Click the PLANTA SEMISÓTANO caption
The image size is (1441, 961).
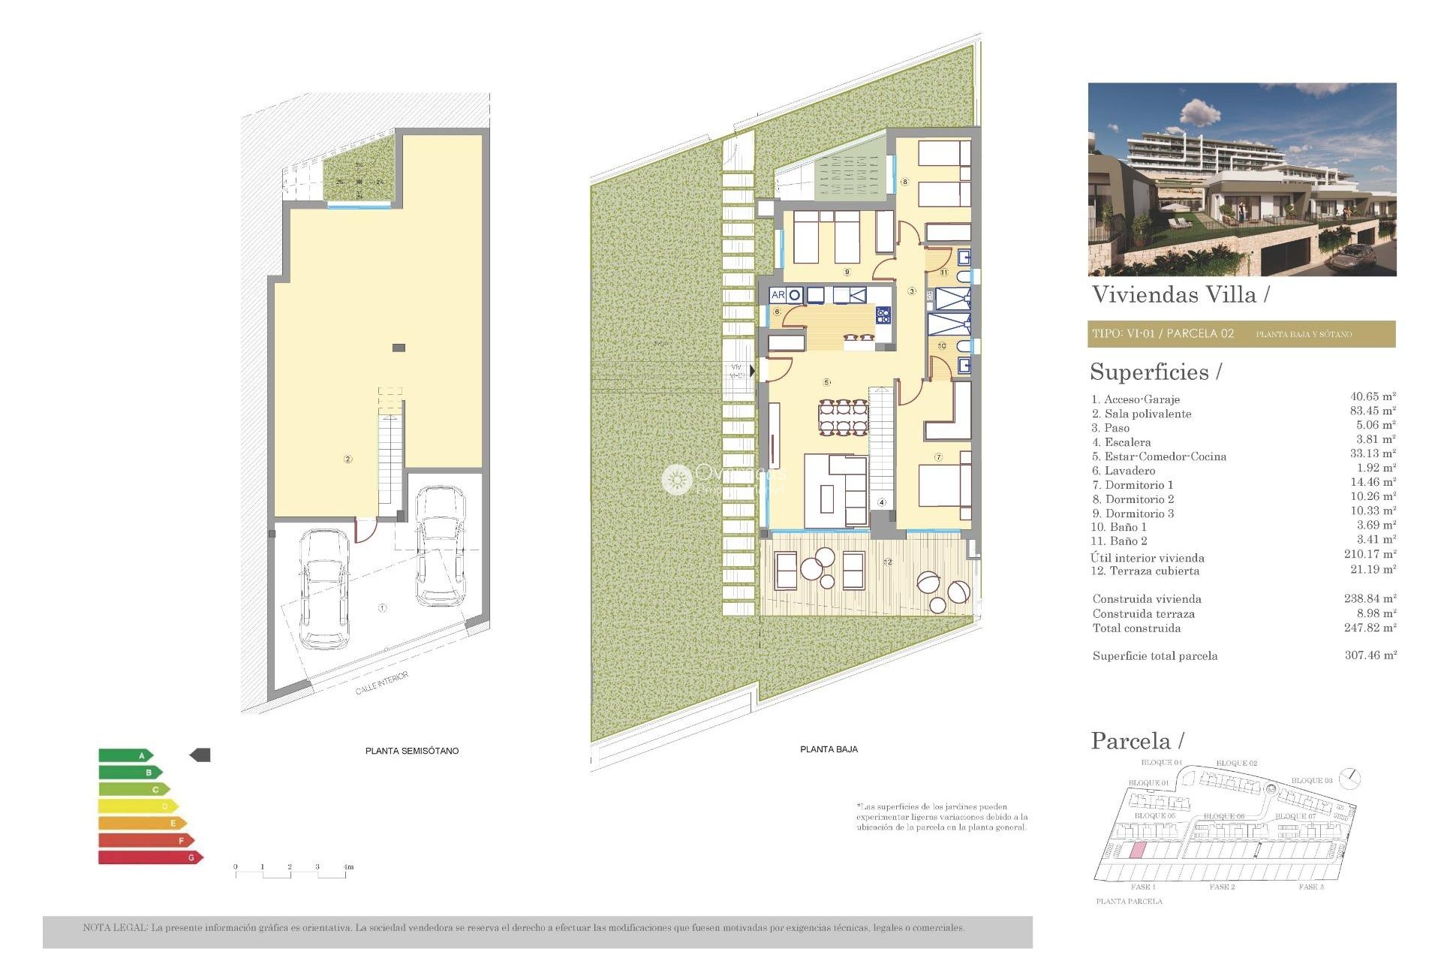tap(411, 751)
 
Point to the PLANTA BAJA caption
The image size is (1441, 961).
tap(829, 749)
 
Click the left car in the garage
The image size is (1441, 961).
tap(324, 589)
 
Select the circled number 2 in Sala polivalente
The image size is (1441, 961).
tap(347, 459)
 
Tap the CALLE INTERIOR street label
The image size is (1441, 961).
tap(382, 683)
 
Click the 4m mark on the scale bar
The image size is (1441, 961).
tap(348, 867)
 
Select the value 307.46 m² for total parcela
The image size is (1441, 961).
tap(1370, 655)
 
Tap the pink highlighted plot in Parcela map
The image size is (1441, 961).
tap(1137, 851)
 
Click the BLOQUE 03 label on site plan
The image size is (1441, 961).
tap(1311, 781)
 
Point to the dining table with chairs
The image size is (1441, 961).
tap(844, 417)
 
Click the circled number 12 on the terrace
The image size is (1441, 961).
tap(888, 562)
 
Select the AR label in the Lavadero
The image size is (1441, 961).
tap(778, 295)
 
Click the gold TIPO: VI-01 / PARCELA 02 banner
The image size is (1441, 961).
tap(1241, 334)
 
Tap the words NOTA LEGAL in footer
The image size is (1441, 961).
tap(115, 928)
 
